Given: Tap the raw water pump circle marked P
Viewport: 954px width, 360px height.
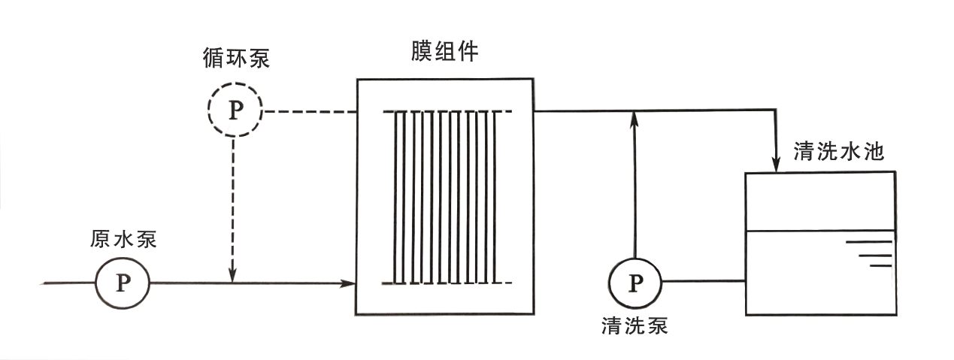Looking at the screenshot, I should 123,283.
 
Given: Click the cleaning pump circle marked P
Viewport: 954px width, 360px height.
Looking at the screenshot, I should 635,283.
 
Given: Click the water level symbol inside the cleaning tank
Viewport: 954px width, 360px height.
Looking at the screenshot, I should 872,253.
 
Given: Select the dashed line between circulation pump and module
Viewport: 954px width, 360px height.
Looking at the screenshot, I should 308,112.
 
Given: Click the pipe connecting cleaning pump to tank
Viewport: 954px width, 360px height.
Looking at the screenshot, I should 703,283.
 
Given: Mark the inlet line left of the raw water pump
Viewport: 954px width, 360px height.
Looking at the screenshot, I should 68,283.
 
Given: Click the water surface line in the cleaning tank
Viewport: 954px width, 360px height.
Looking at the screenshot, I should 819,230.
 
